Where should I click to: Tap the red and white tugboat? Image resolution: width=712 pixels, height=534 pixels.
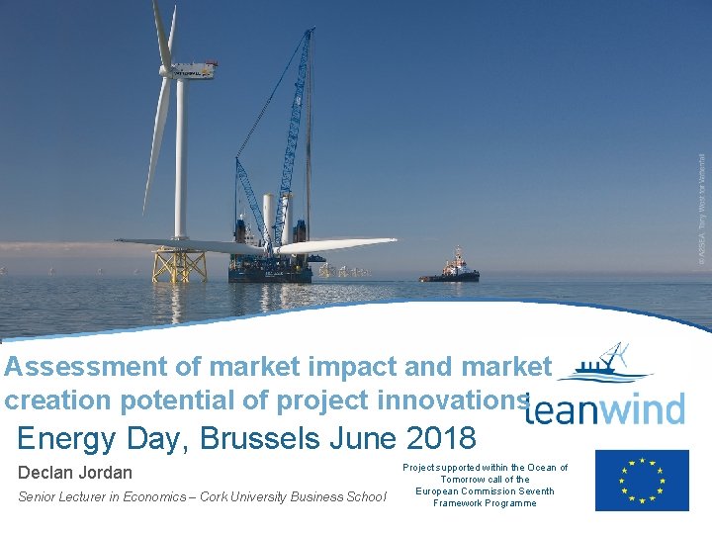pos(452,268)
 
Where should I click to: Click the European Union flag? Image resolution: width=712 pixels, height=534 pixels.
pos(642,481)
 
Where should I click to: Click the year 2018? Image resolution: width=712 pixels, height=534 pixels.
pos(442,436)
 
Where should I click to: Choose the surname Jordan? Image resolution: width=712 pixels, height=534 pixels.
pos(105,473)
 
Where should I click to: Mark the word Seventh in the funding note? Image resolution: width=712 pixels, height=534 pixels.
pos(535,491)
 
